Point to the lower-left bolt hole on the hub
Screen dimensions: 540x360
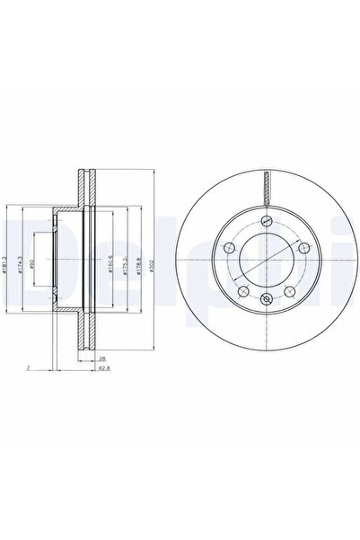coord(241,289)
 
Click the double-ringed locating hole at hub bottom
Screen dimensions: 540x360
coord(265,300)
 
